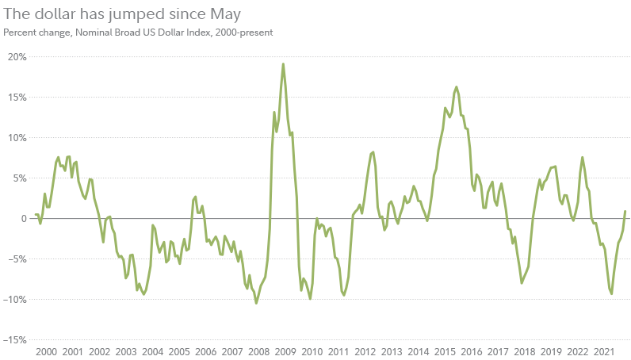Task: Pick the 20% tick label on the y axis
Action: tap(17, 56)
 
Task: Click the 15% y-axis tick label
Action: tap(17, 97)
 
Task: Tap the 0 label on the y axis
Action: tap(23, 218)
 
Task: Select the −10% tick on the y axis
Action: tap(15, 299)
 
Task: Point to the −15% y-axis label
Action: tap(15, 339)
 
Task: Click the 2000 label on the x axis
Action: tap(46, 351)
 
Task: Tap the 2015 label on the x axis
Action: tap(445, 351)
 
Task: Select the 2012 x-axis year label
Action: tap(365, 351)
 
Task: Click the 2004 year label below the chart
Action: tap(152, 351)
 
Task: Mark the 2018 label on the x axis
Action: tap(524, 351)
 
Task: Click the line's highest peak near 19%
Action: tap(283, 64)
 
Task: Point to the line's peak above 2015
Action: tap(456, 87)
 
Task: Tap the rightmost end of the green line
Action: tap(625, 211)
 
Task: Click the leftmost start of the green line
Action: tap(35, 215)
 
